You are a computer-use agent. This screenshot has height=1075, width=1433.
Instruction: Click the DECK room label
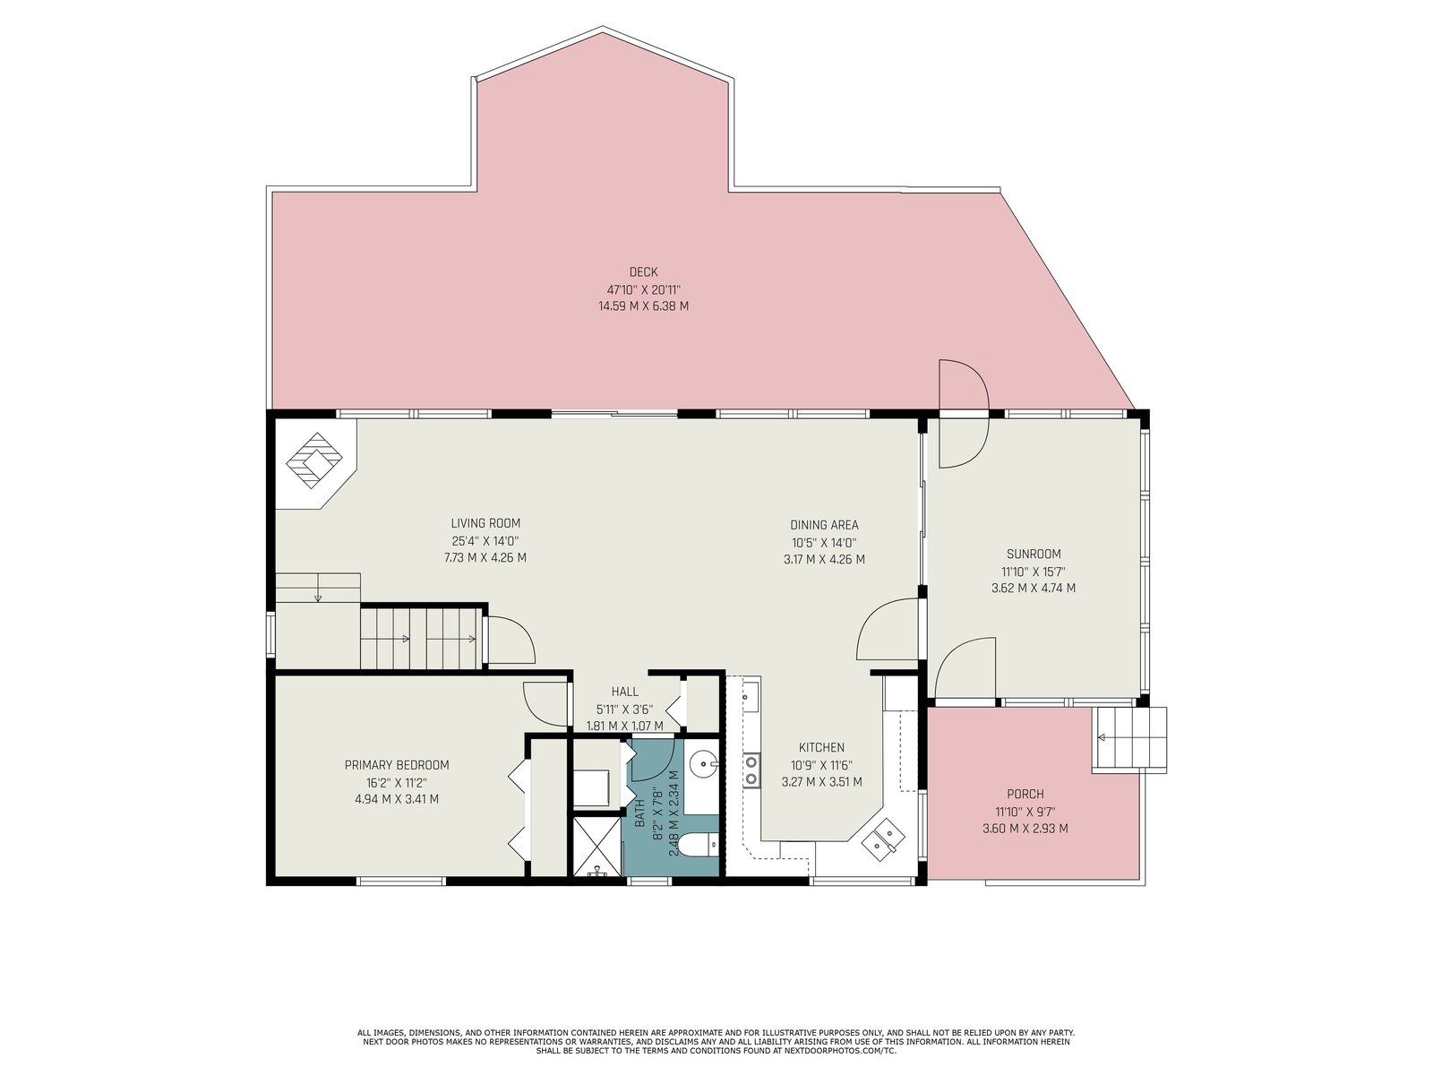pos(643,272)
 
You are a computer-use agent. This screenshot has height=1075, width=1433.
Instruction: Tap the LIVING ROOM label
pos(485,523)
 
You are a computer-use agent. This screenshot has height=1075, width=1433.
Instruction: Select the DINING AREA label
pos(824,525)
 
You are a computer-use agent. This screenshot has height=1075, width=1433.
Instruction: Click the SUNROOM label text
pos(1034,555)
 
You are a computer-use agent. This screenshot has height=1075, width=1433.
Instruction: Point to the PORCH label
pos(1025,795)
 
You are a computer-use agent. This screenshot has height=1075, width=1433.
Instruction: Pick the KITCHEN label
pos(821,747)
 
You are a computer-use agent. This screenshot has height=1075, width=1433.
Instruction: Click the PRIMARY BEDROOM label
pos(397,765)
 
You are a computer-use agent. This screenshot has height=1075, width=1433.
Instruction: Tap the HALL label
pos(625,692)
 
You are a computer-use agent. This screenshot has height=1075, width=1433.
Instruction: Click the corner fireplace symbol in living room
pos(314,460)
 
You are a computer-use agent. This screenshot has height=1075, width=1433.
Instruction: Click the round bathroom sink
pos(703,761)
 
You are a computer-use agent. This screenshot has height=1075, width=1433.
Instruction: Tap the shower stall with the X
pos(596,847)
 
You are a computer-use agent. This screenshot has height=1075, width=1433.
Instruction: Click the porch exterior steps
pos(1129,739)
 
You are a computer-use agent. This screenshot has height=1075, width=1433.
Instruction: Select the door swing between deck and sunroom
pos(964,414)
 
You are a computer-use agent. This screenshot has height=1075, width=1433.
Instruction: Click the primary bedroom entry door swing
pos(545,703)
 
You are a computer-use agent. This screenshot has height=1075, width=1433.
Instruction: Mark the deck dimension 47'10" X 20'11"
pos(643,289)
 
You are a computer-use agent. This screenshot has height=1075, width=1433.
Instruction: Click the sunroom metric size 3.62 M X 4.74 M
pos(1034,588)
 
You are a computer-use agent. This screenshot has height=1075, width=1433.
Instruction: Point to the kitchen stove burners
pos(752,770)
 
